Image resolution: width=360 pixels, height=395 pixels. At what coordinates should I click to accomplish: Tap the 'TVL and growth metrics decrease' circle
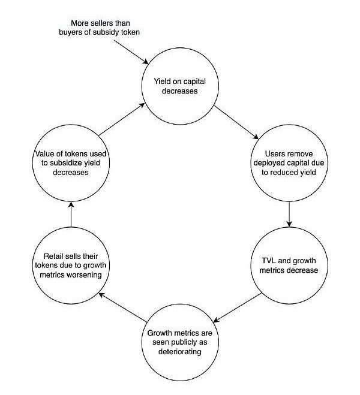290,265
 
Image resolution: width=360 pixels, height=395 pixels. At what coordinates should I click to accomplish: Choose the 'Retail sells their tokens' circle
70,265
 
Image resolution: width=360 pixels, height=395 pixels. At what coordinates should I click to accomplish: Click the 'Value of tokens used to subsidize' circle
70,162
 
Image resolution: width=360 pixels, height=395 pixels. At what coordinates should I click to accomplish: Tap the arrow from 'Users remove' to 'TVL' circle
290,214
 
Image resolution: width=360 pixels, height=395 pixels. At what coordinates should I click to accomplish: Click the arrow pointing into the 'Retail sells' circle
119,306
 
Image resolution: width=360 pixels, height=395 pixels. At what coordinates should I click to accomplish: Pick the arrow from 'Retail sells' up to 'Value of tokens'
70,214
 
